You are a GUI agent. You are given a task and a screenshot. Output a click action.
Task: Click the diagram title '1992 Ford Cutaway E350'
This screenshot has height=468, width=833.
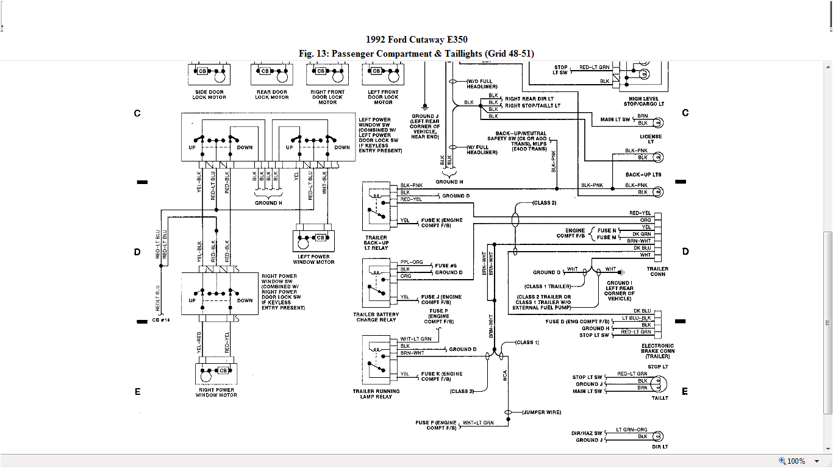[416, 40]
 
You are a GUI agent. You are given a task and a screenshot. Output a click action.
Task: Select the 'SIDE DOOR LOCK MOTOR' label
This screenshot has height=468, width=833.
[209, 94]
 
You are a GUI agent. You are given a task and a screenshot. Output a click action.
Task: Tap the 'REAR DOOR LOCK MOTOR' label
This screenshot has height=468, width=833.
[272, 94]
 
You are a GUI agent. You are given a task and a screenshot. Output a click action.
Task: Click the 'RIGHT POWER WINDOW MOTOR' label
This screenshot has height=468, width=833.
[216, 392]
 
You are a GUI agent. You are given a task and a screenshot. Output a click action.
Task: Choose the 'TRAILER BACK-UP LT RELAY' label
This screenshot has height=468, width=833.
[376, 243]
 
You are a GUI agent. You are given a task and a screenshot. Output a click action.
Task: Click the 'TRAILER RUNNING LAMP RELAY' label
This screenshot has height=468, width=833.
[376, 394]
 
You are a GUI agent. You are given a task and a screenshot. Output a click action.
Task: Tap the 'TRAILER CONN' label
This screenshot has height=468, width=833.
[657, 271]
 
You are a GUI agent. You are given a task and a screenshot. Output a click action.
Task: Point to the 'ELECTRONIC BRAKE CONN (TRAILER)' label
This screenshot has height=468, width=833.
[657, 351]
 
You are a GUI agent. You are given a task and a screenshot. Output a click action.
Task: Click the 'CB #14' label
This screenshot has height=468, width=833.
[161, 319]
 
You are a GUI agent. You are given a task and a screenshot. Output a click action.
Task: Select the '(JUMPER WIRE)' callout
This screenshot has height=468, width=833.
[542, 413]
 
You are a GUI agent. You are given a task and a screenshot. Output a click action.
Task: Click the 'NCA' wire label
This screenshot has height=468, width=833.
[506, 375]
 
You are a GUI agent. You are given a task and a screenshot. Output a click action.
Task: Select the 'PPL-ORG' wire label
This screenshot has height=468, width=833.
[412, 262]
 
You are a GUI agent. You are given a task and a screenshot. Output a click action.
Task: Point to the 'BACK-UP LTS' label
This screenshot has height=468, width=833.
[643, 175]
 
